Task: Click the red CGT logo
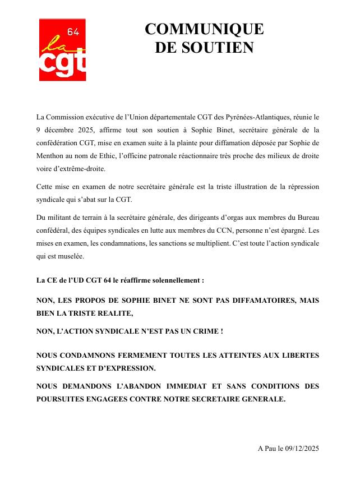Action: pos(62,50)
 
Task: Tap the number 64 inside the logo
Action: pos(73,32)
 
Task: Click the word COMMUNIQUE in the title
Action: pos(204,29)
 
